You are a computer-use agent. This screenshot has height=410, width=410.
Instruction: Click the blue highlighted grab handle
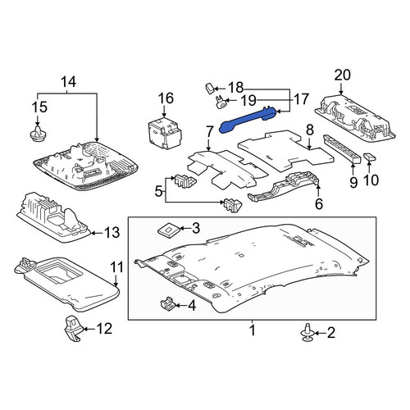[248, 120]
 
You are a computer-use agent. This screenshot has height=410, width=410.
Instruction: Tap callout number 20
[342, 75]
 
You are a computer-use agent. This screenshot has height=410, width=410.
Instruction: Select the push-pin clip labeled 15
[38, 134]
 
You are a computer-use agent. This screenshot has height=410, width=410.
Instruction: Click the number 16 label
[166, 98]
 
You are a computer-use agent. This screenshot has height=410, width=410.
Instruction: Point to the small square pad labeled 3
[169, 230]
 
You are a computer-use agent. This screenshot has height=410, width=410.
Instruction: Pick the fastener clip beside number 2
[307, 333]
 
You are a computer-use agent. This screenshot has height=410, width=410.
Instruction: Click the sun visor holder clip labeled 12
[73, 329]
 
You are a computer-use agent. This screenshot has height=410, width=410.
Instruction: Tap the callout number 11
[116, 267]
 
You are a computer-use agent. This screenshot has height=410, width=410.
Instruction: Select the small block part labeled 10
[370, 157]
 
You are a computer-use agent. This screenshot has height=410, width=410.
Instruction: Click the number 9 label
[353, 182]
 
